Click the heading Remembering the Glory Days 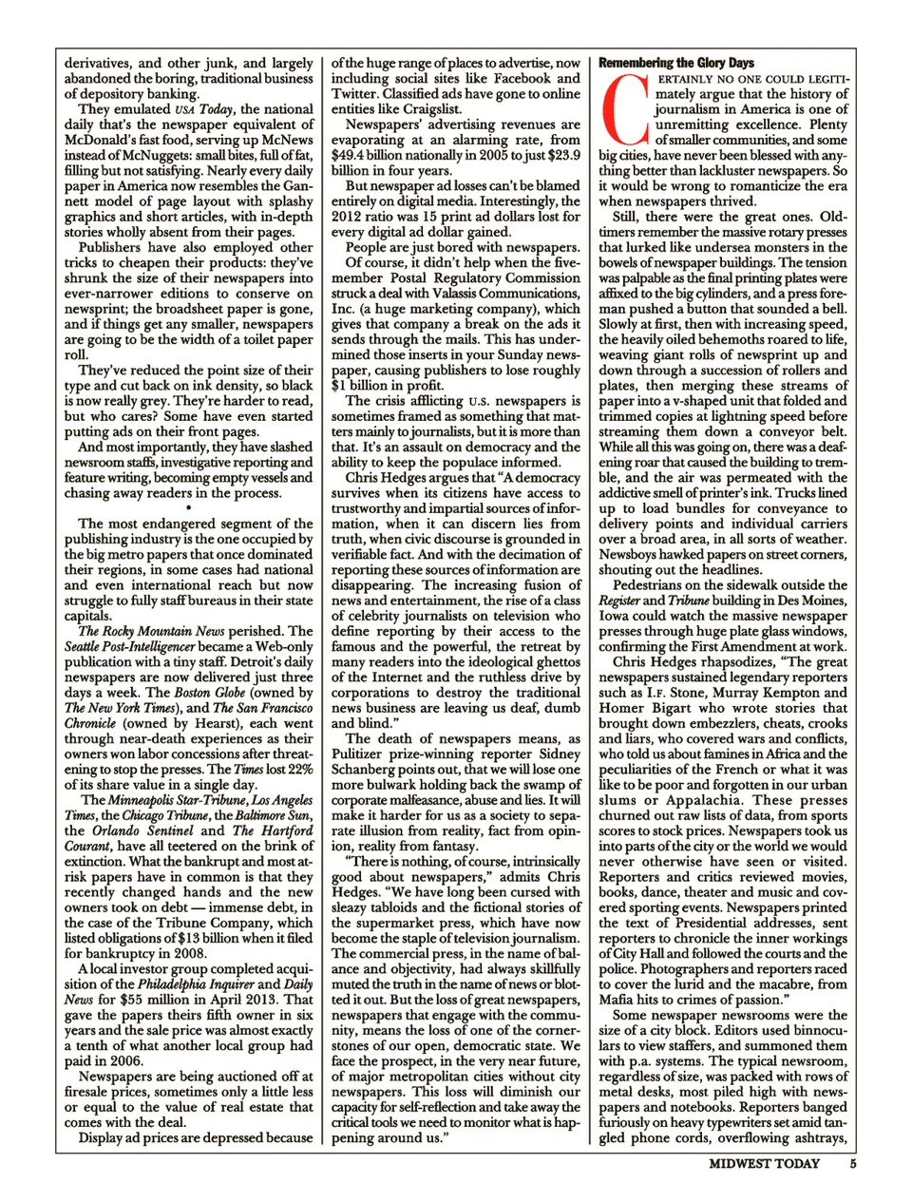click(x=676, y=63)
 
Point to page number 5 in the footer click(x=853, y=1164)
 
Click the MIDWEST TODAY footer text click(x=764, y=1164)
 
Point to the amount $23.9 click(x=562, y=155)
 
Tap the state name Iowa click(x=616, y=616)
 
